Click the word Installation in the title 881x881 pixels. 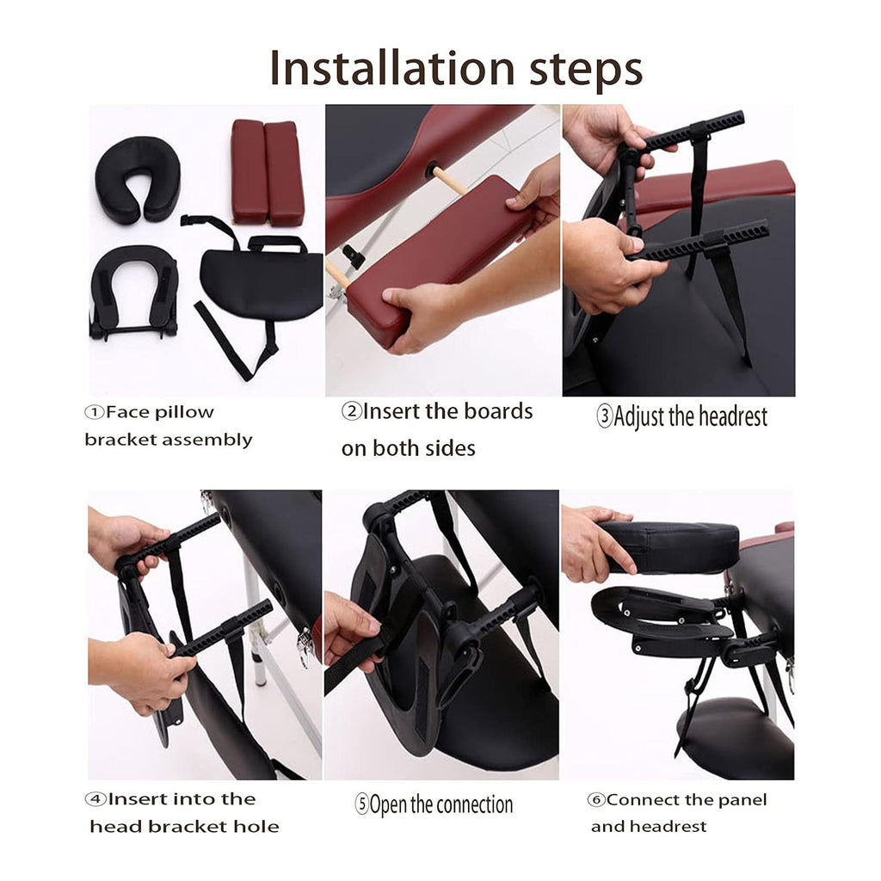click(x=392, y=68)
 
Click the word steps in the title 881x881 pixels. click(x=586, y=71)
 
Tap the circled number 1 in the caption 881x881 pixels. click(x=95, y=412)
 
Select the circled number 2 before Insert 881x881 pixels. click(x=352, y=411)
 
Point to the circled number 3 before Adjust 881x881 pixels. click(x=605, y=417)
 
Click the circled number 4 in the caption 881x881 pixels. click(x=95, y=799)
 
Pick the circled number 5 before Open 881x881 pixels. click(x=362, y=804)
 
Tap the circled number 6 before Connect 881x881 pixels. click(x=596, y=799)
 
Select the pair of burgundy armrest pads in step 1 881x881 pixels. click(x=268, y=172)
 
